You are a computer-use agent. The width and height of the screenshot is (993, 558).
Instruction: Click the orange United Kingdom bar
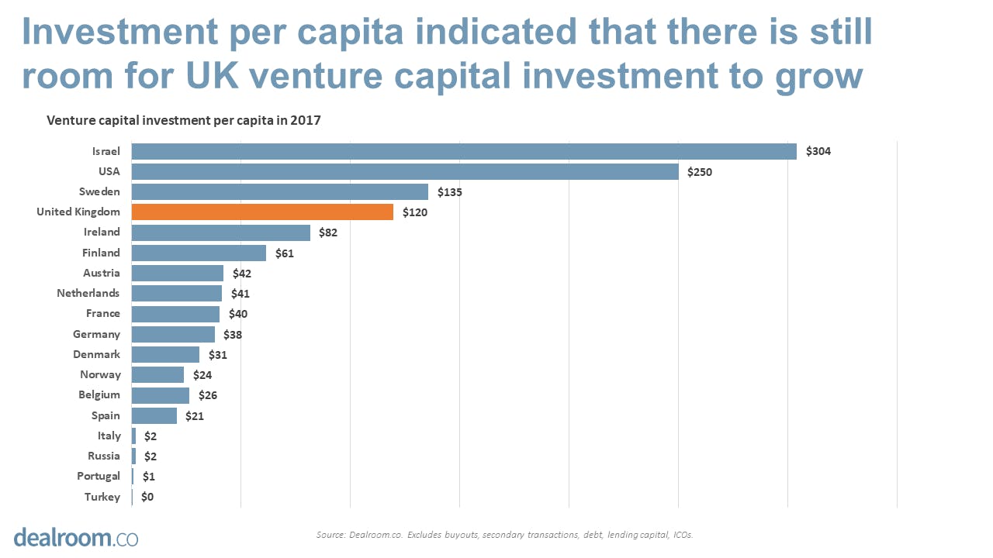point(262,212)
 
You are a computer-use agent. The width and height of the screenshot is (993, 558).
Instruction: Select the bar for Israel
point(464,151)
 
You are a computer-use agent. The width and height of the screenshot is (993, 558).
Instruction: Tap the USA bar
point(405,171)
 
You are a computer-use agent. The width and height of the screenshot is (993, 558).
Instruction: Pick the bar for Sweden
point(279,191)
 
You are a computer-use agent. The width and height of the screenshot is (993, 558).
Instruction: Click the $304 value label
point(818,151)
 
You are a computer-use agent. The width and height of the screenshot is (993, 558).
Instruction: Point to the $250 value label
point(699,172)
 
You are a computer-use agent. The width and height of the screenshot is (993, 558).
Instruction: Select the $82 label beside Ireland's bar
point(328,232)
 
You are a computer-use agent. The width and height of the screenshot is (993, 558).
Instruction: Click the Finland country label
point(101,253)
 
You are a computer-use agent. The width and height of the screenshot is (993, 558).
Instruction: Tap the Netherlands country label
point(88,293)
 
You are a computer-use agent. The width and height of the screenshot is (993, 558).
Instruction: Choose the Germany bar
point(173,334)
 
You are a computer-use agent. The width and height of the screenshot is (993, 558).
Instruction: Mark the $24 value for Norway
point(202,375)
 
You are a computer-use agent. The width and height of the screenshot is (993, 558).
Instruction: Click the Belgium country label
point(99,394)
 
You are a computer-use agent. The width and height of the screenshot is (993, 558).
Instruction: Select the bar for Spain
point(154,415)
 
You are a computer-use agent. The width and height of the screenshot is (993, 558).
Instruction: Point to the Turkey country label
point(102,497)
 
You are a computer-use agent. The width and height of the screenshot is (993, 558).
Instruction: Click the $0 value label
point(147,497)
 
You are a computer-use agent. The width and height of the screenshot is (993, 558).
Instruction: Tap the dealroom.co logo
point(75,537)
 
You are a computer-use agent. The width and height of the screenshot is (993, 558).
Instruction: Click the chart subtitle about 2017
point(184,120)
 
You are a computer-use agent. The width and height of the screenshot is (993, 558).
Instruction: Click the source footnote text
point(504,535)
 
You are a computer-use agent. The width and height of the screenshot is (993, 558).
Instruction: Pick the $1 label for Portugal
point(148,477)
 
